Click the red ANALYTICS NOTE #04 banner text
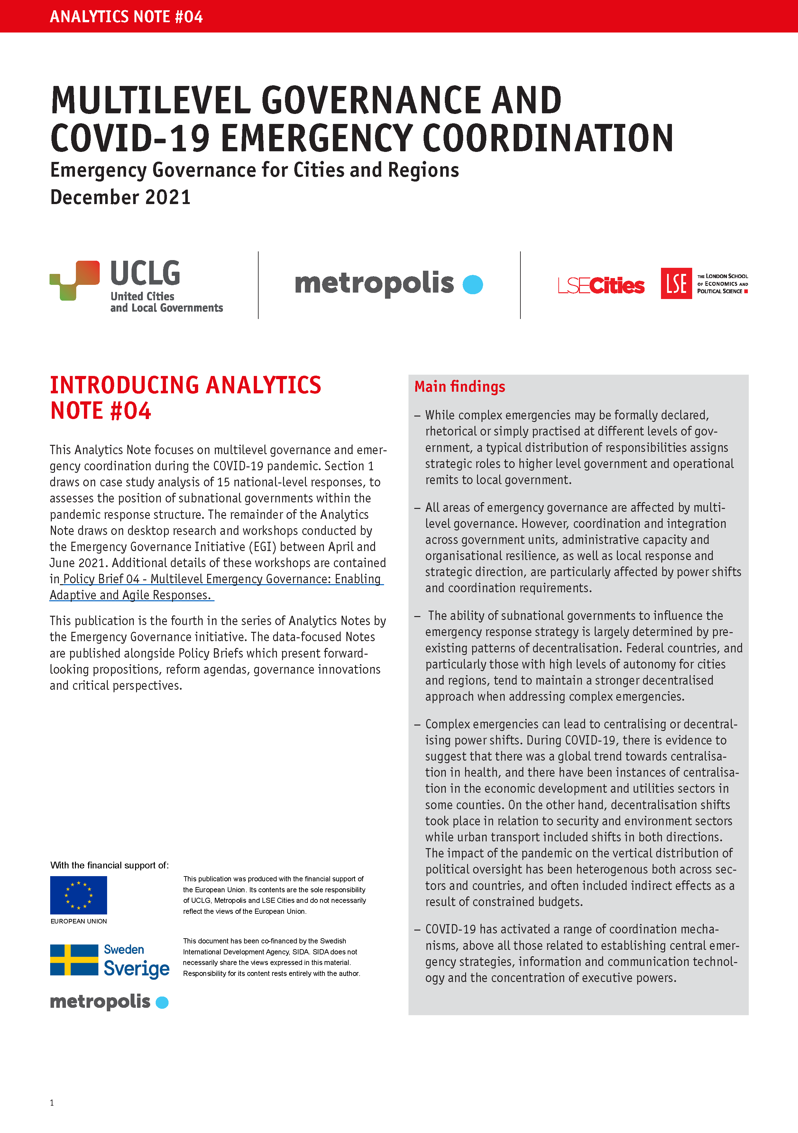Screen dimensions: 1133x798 (x=126, y=17)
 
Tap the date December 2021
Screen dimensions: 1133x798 (x=120, y=197)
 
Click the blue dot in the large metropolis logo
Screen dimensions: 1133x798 (x=472, y=284)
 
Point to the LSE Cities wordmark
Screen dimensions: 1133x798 (x=601, y=285)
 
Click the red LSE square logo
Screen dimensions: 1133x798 (x=676, y=283)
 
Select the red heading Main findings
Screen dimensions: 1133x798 (x=460, y=386)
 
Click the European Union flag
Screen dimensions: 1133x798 (x=78, y=895)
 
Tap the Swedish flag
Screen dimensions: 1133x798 (x=74, y=960)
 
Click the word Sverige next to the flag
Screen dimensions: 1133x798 (x=137, y=969)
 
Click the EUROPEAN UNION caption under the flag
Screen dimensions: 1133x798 (x=79, y=921)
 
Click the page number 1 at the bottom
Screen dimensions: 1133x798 (x=52, y=1103)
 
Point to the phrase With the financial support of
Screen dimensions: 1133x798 (x=109, y=865)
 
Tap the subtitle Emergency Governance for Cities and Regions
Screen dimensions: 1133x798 (x=254, y=170)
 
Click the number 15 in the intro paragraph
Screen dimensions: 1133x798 (x=224, y=482)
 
